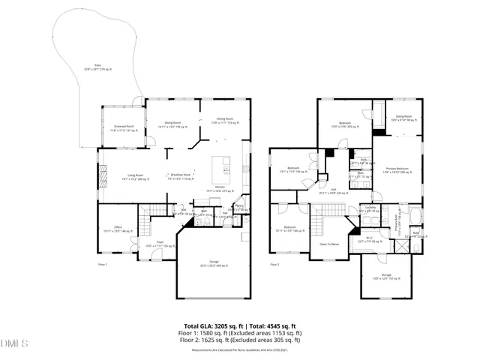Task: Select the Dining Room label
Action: point(225,120)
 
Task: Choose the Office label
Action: point(118,229)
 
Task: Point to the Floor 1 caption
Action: point(103,265)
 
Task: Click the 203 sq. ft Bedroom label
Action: point(346,125)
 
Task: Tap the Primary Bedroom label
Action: point(397,170)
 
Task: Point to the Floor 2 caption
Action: point(274,265)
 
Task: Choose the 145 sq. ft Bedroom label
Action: point(289,170)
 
